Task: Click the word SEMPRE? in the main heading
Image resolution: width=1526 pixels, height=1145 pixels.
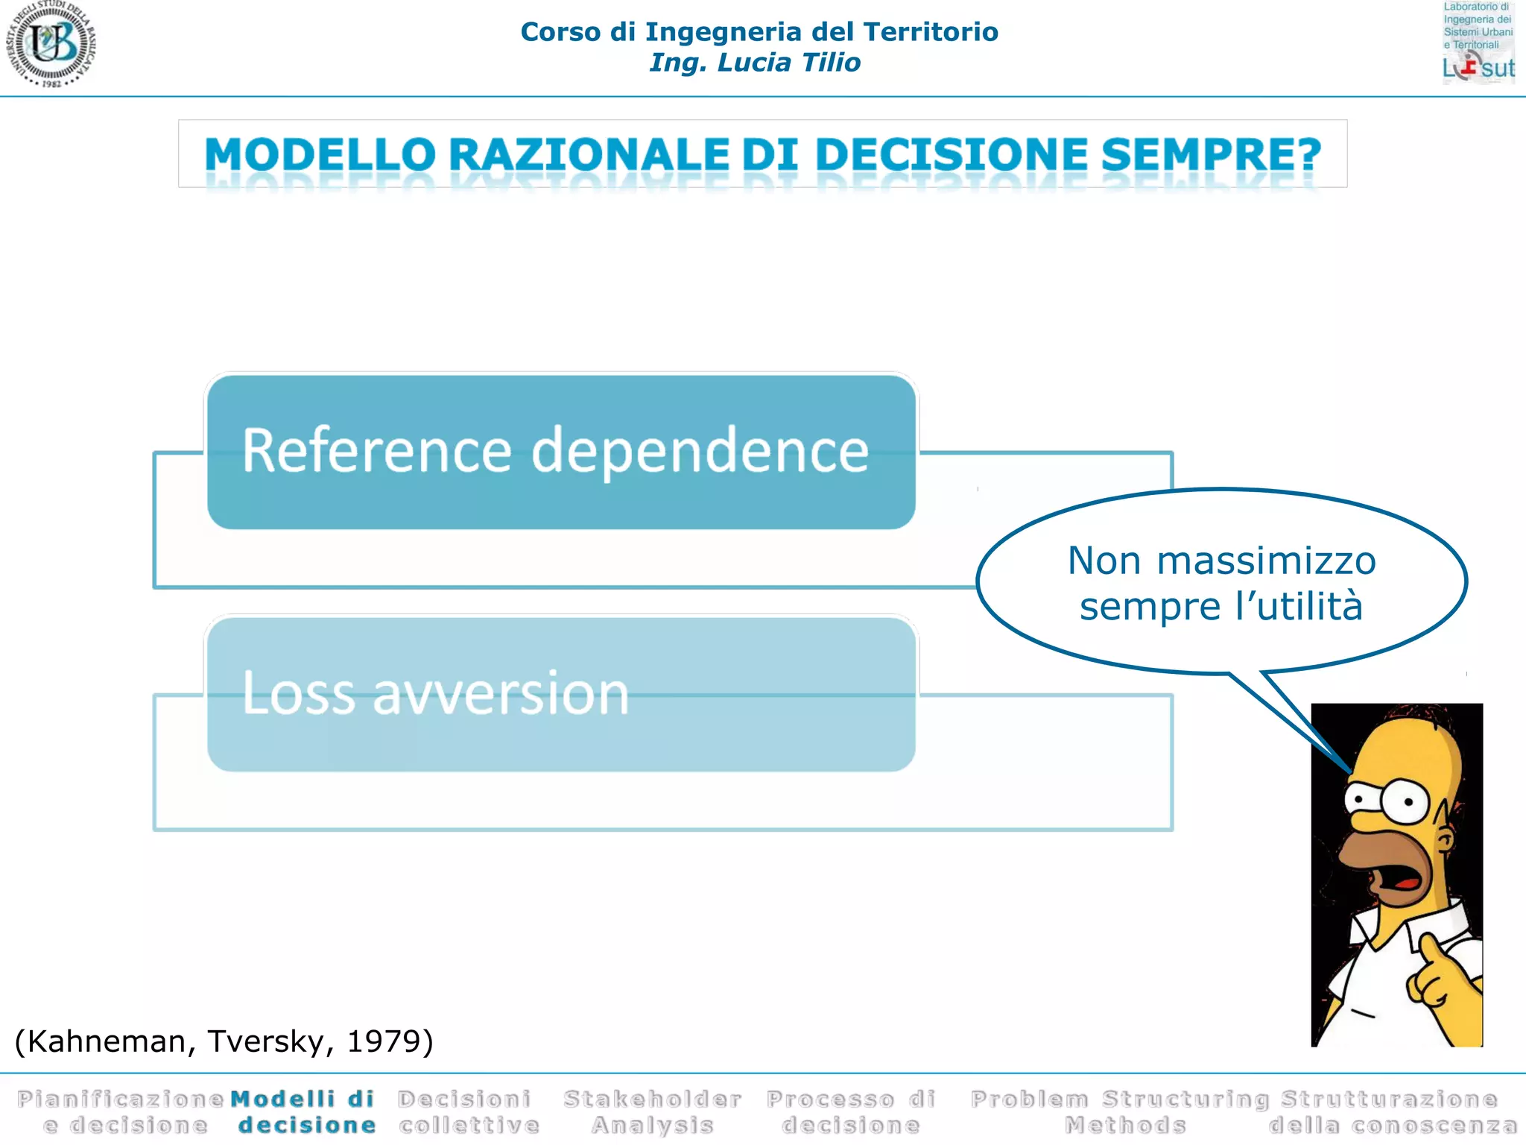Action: point(1210,155)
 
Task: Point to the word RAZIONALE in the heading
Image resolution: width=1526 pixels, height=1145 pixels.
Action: point(589,155)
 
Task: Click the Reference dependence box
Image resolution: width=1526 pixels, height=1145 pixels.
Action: point(560,452)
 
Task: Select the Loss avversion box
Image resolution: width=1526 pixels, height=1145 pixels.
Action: point(560,693)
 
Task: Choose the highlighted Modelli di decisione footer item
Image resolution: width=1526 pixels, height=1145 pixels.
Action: point(304,1111)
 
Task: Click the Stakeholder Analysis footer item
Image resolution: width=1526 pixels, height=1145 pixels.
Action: point(652,1111)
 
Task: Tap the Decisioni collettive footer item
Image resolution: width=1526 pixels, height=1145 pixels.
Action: point(468,1111)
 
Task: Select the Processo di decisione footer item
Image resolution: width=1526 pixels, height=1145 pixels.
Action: point(850,1111)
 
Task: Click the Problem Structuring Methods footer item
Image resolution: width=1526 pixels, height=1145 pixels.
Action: point(1121,1111)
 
